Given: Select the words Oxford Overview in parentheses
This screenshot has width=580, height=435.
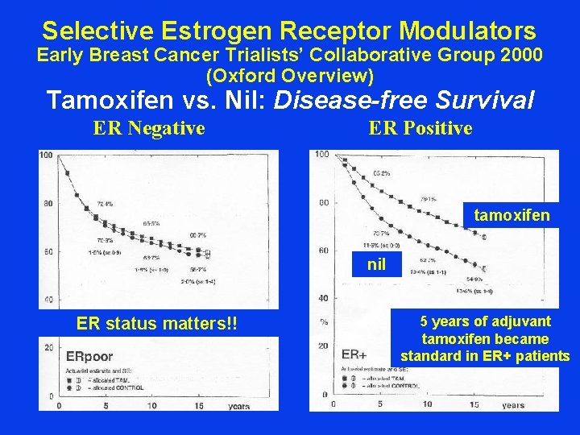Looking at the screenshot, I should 290,77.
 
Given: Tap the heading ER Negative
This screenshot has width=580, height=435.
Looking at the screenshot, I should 149,128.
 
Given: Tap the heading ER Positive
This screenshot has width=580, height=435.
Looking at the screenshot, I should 420,128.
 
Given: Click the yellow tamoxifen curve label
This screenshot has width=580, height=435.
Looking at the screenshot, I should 512,215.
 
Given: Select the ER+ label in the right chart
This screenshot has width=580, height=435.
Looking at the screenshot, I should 354,354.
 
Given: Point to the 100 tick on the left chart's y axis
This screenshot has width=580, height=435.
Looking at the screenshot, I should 46,155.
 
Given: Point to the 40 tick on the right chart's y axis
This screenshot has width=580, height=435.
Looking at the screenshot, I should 322,298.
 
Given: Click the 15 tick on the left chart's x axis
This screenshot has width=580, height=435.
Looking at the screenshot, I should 197,406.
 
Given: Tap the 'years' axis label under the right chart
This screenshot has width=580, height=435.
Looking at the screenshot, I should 512,405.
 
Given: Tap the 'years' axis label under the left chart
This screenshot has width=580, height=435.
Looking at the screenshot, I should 238,406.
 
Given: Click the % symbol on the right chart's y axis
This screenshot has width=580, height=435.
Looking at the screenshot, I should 323,321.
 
